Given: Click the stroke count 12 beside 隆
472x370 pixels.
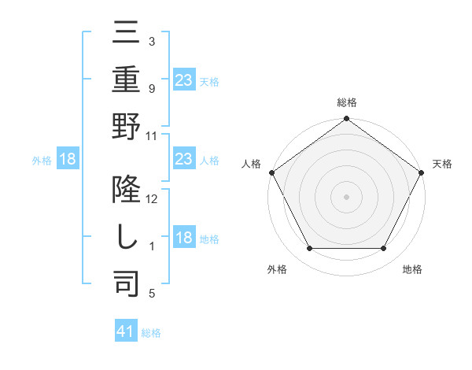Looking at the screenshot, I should [x=152, y=199].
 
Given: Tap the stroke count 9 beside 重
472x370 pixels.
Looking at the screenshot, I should [x=152, y=89].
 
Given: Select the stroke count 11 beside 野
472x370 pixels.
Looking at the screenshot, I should [x=152, y=135].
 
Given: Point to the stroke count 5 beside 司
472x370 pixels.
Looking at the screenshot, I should [x=152, y=294].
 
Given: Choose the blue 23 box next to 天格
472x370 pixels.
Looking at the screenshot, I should [x=183, y=80].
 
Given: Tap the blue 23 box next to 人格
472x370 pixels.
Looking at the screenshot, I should [x=183, y=159].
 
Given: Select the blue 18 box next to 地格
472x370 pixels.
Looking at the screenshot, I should [x=183, y=238].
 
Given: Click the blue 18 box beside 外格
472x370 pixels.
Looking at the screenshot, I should [x=68, y=159].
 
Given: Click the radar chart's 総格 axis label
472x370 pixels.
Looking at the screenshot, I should [x=347, y=103].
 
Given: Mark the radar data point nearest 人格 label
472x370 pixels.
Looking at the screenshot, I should [x=271, y=172].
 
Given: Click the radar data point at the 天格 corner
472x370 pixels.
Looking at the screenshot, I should [x=422, y=172].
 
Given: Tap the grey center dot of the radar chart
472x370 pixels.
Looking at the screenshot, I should [x=347, y=196].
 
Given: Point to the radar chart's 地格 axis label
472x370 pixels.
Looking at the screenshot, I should [x=412, y=270].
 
